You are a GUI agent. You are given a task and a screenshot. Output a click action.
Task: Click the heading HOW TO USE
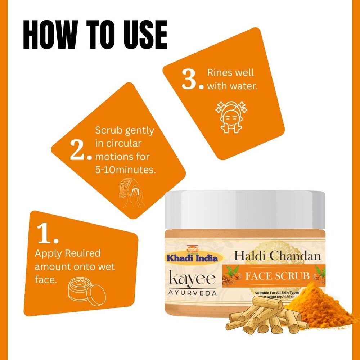[95, 35]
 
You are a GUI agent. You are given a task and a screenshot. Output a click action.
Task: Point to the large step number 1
[48, 234]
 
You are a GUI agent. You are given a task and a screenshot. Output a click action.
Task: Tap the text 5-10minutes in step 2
[125, 170]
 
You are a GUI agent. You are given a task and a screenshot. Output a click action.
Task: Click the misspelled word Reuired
[82, 253]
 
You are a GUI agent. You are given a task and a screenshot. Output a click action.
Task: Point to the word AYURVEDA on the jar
[193, 293]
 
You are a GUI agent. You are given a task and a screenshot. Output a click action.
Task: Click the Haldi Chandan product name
[277, 256]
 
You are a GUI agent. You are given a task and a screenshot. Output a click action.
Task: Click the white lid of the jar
[245, 209]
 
